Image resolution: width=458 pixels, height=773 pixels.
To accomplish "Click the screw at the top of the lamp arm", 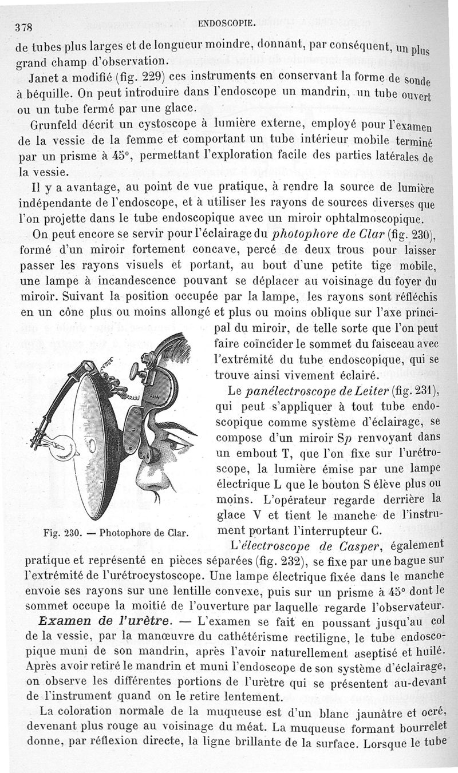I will pyautogui.click(x=88, y=363).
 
